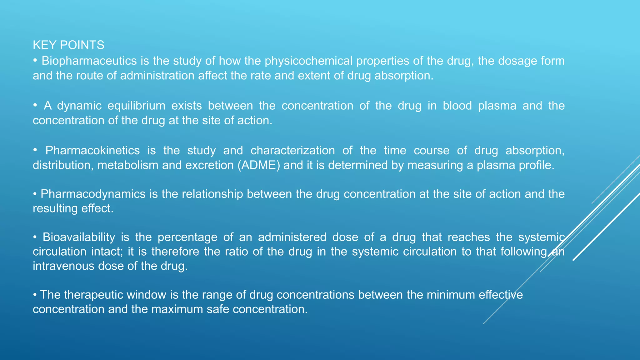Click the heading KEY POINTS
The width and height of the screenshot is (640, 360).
(68, 45)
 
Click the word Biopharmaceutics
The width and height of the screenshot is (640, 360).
(89, 61)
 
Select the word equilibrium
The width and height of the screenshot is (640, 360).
(137, 106)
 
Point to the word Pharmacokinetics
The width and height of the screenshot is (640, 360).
(92, 151)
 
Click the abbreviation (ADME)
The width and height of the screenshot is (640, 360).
(259, 165)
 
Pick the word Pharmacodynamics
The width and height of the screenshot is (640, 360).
(93, 194)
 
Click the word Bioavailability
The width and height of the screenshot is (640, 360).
(79, 237)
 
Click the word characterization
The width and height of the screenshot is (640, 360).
(292, 151)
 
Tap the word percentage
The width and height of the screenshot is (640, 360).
(187, 237)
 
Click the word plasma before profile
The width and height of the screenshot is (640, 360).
(496, 165)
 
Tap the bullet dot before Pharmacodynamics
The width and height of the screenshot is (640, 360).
(35, 194)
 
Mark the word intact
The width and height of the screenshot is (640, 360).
(107, 252)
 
